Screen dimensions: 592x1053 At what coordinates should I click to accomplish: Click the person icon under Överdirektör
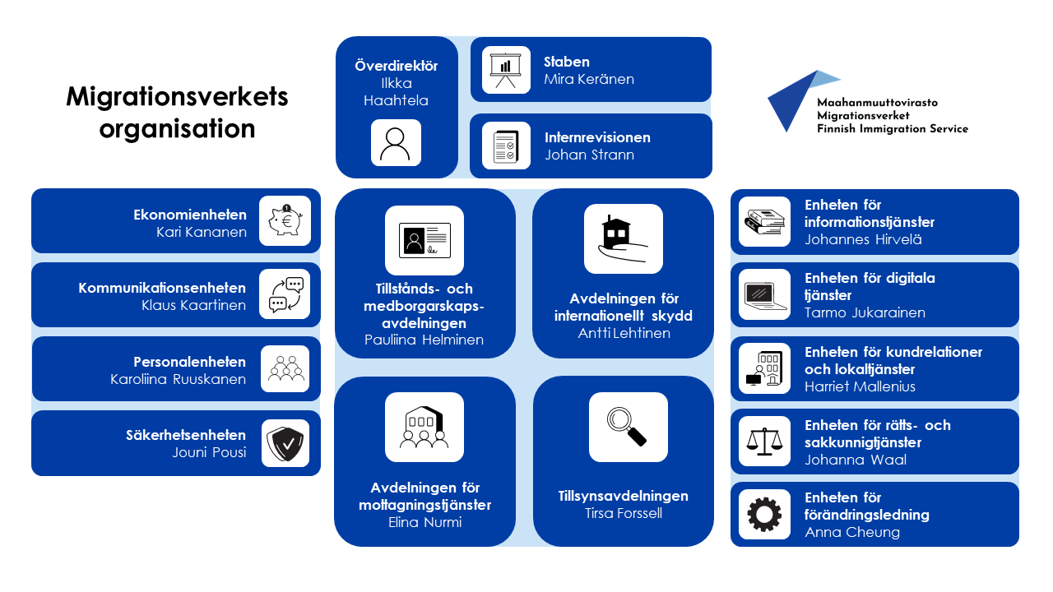[x=396, y=143]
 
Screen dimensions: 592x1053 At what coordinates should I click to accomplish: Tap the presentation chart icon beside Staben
[x=506, y=70]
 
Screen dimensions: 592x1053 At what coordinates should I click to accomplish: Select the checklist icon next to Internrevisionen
[x=506, y=146]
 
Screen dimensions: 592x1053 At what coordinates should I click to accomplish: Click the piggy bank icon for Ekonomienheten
[x=285, y=221]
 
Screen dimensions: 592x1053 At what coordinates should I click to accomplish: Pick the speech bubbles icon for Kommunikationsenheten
[x=285, y=294]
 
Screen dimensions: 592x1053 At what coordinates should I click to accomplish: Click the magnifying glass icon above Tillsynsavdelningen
[x=628, y=427]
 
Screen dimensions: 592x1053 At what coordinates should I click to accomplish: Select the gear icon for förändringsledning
[x=764, y=515]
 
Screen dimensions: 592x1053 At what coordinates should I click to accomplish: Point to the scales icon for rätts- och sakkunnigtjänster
[x=764, y=442]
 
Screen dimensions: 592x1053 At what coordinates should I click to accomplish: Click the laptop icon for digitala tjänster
[x=764, y=294]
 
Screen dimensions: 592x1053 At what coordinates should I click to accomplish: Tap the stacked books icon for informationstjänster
[x=764, y=222]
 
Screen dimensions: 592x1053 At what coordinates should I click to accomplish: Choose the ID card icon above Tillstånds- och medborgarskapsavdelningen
[x=424, y=240]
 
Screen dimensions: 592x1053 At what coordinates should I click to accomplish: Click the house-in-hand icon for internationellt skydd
[x=623, y=238]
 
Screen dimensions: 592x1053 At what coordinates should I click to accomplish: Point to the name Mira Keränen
[x=589, y=80]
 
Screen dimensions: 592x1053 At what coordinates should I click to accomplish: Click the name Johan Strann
[x=589, y=155]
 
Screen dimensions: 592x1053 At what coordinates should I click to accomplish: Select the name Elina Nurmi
[x=424, y=522]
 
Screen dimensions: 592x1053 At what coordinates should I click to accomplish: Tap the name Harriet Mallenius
[x=860, y=386]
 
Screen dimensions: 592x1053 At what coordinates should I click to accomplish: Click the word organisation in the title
[x=177, y=129]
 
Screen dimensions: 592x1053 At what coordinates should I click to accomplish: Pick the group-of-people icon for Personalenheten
[x=285, y=369]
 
